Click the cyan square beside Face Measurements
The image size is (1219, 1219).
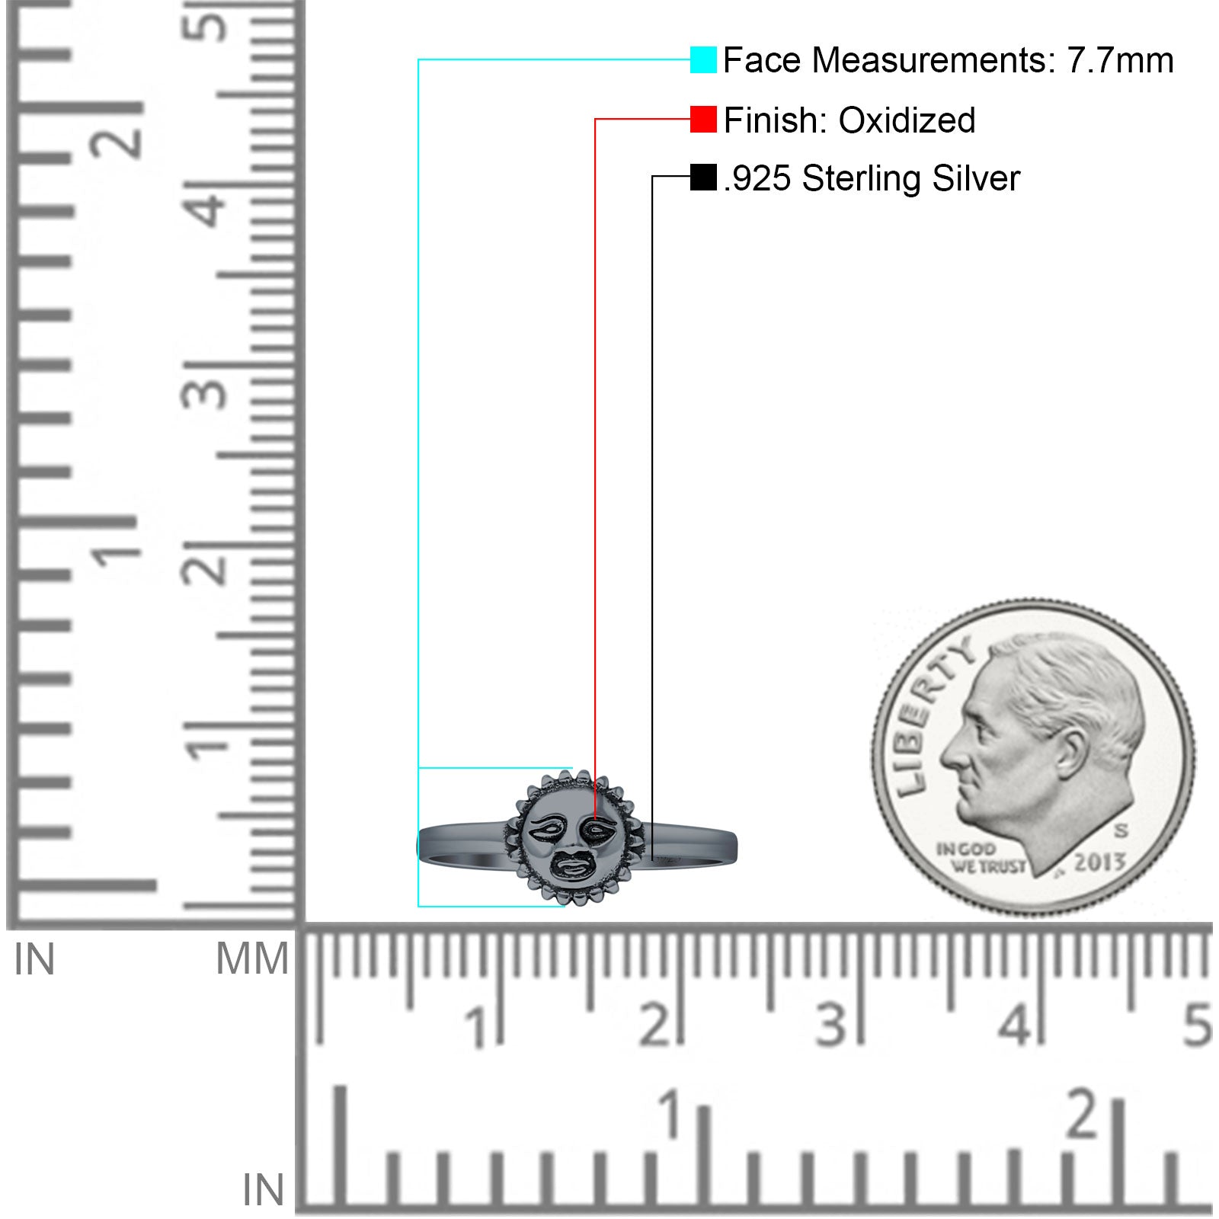pyautogui.click(x=703, y=59)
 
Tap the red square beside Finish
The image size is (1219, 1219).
pyautogui.click(x=703, y=120)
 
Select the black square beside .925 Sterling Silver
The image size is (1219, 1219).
pyautogui.click(x=703, y=178)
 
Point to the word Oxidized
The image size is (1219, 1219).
pyautogui.click(x=907, y=120)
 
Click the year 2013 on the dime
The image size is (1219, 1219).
pyautogui.click(x=1099, y=862)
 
